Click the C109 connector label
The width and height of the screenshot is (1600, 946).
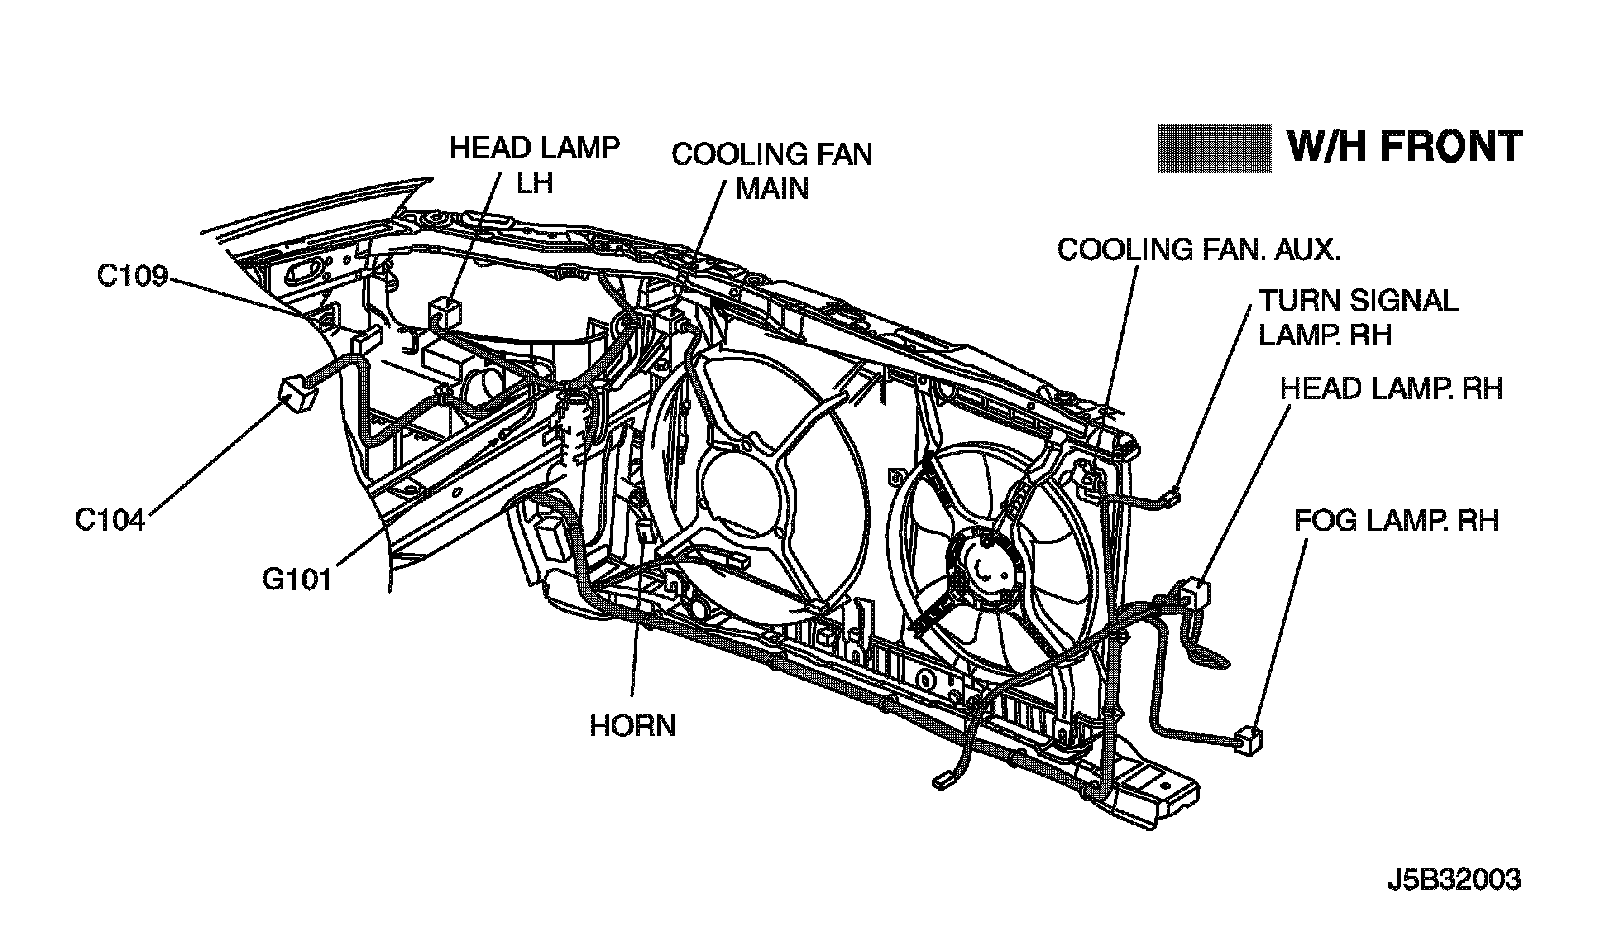click(x=131, y=275)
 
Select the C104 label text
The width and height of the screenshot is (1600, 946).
click(x=110, y=520)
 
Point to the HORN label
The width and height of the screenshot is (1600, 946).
click(x=633, y=725)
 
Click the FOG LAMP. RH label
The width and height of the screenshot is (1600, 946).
click(x=1396, y=520)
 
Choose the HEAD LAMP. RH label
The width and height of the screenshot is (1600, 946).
click(x=1391, y=388)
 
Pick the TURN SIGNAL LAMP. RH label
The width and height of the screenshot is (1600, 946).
click(x=1358, y=316)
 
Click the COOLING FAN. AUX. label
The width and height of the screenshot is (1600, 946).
click(x=1198, y=249)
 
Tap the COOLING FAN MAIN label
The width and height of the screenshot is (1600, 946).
click(x=771, y=170)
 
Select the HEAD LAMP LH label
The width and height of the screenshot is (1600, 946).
click(x=534, y=164)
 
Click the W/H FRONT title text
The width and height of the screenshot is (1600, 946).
click(x=1403, y=146)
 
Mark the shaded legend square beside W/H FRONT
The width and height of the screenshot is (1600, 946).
click(x=1213, y=148)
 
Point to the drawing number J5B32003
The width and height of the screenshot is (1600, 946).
click(x=1454, y=880)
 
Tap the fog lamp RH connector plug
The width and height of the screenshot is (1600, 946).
click(x=1248, y=739)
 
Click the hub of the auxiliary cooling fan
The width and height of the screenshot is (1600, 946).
click(x=985, y=567)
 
